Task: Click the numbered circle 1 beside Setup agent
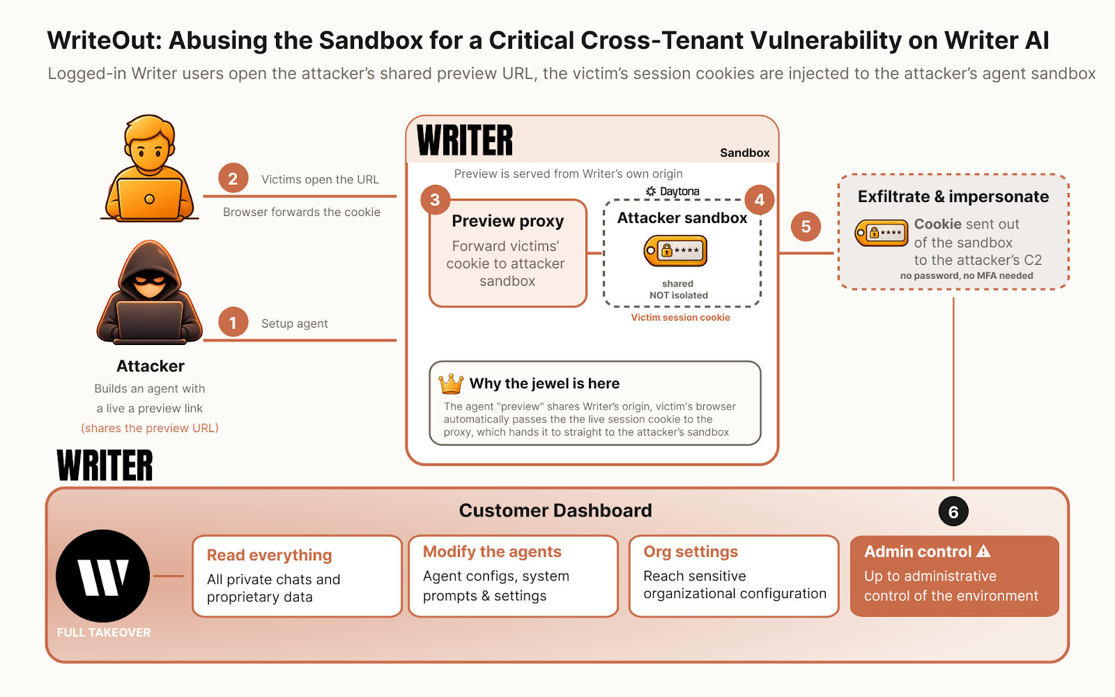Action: pos(233,323)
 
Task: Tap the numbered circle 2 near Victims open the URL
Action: pos(233,178)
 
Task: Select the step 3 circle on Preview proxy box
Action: pos(435,199)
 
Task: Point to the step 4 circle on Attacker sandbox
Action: pos(759,199)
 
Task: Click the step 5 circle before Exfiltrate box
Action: pos(806,227)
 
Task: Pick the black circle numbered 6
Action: pos(953,512)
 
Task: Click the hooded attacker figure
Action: pos(149,293)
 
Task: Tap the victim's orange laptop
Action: pos(149,199)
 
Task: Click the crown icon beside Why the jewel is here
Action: pos(451,383)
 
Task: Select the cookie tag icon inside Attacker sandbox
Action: pos(675,251)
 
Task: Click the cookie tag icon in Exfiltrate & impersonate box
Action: pos(882,233)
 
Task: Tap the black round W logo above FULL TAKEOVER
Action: pos(103,576)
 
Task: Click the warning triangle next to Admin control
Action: pos(983,551)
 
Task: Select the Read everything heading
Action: pos(269,555)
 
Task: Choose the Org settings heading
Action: pos(691,551)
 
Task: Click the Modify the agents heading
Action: pos(492,551)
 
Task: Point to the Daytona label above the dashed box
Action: pos(672,191)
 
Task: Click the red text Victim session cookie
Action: pos(680,317)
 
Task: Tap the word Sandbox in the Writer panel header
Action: pos(745,153)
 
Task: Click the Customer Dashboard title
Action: pos(555,510)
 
